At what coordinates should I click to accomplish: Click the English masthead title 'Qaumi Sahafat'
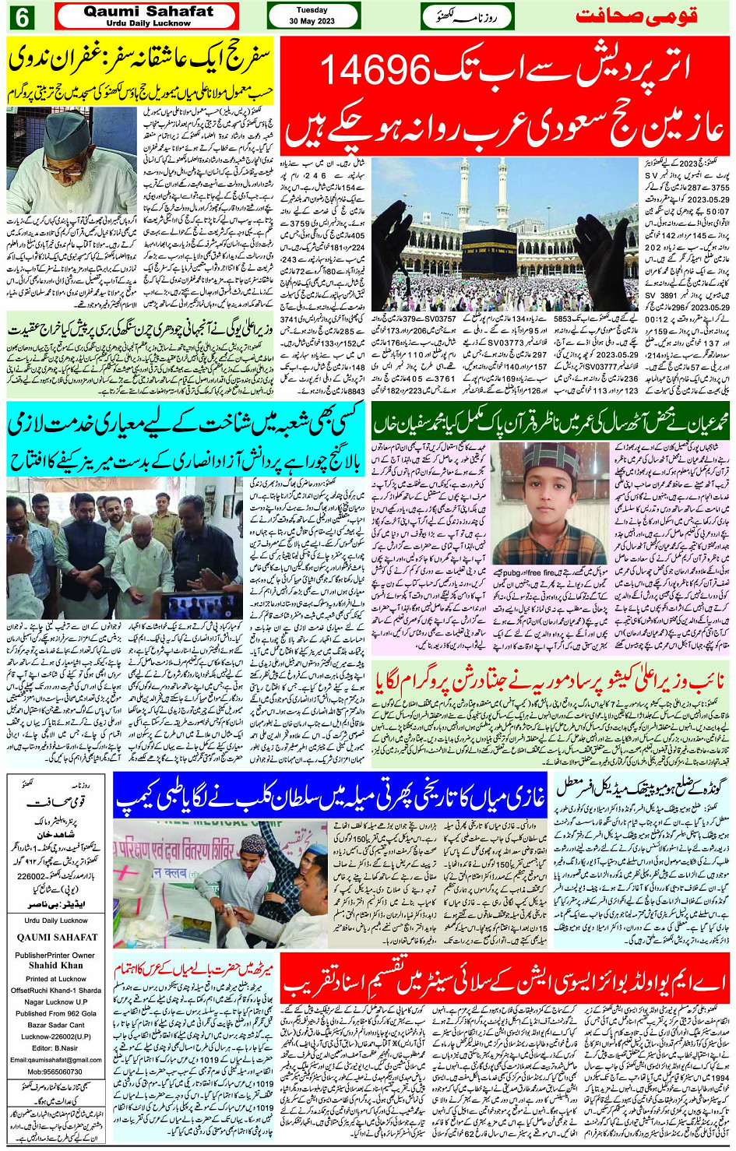148,12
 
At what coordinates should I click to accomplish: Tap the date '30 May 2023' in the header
312,21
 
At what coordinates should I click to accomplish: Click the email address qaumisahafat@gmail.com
56,1059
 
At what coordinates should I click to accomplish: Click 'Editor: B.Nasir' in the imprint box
55,1047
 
